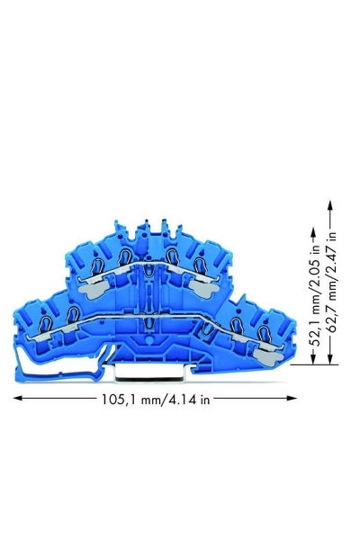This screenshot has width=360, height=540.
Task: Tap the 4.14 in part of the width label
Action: point(186,399)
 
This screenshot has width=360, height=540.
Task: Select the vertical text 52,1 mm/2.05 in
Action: point(315,295)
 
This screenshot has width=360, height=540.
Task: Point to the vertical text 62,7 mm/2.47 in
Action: point(332,282)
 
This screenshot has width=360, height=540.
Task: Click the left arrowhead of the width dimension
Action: point(18,398)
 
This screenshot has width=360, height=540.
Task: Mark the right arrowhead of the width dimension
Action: point(292,398)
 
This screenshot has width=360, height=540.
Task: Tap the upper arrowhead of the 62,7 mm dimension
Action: point(330,205)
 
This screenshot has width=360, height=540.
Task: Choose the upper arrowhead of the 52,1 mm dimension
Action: point(313,232)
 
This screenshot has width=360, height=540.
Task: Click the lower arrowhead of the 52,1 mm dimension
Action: point(313,359)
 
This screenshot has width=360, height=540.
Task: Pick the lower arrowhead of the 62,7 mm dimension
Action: point(330,359)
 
